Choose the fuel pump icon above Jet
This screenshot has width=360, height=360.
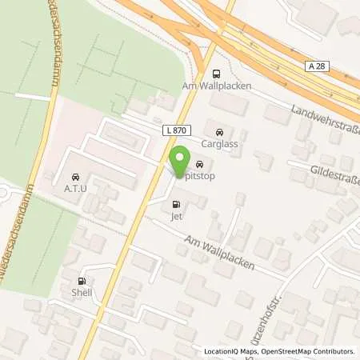176,204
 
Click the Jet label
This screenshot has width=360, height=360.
176,215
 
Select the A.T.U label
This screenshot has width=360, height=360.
74,188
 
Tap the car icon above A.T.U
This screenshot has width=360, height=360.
74,176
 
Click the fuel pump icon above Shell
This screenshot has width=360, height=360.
81,281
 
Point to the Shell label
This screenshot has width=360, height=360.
81,292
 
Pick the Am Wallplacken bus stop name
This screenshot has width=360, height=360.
218,85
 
